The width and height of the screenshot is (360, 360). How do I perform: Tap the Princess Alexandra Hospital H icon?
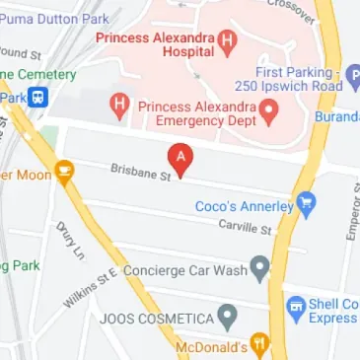point(229,40)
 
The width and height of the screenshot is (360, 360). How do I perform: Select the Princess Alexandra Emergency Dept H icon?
point(121,106)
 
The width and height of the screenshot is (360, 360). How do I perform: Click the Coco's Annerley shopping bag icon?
point(307,205)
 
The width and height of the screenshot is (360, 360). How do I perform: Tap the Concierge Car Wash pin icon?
point(259,266)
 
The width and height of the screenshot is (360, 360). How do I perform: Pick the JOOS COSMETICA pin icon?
point(228,319)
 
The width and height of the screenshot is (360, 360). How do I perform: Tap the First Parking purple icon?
point(353,74)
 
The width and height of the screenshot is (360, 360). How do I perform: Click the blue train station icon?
point(38,97)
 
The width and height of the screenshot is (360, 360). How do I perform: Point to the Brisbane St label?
point(140,172)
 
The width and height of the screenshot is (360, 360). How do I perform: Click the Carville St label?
point(245,228)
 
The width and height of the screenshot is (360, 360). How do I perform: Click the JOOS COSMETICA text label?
point(157,320)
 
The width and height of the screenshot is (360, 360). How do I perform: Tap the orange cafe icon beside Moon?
point(65,174)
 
